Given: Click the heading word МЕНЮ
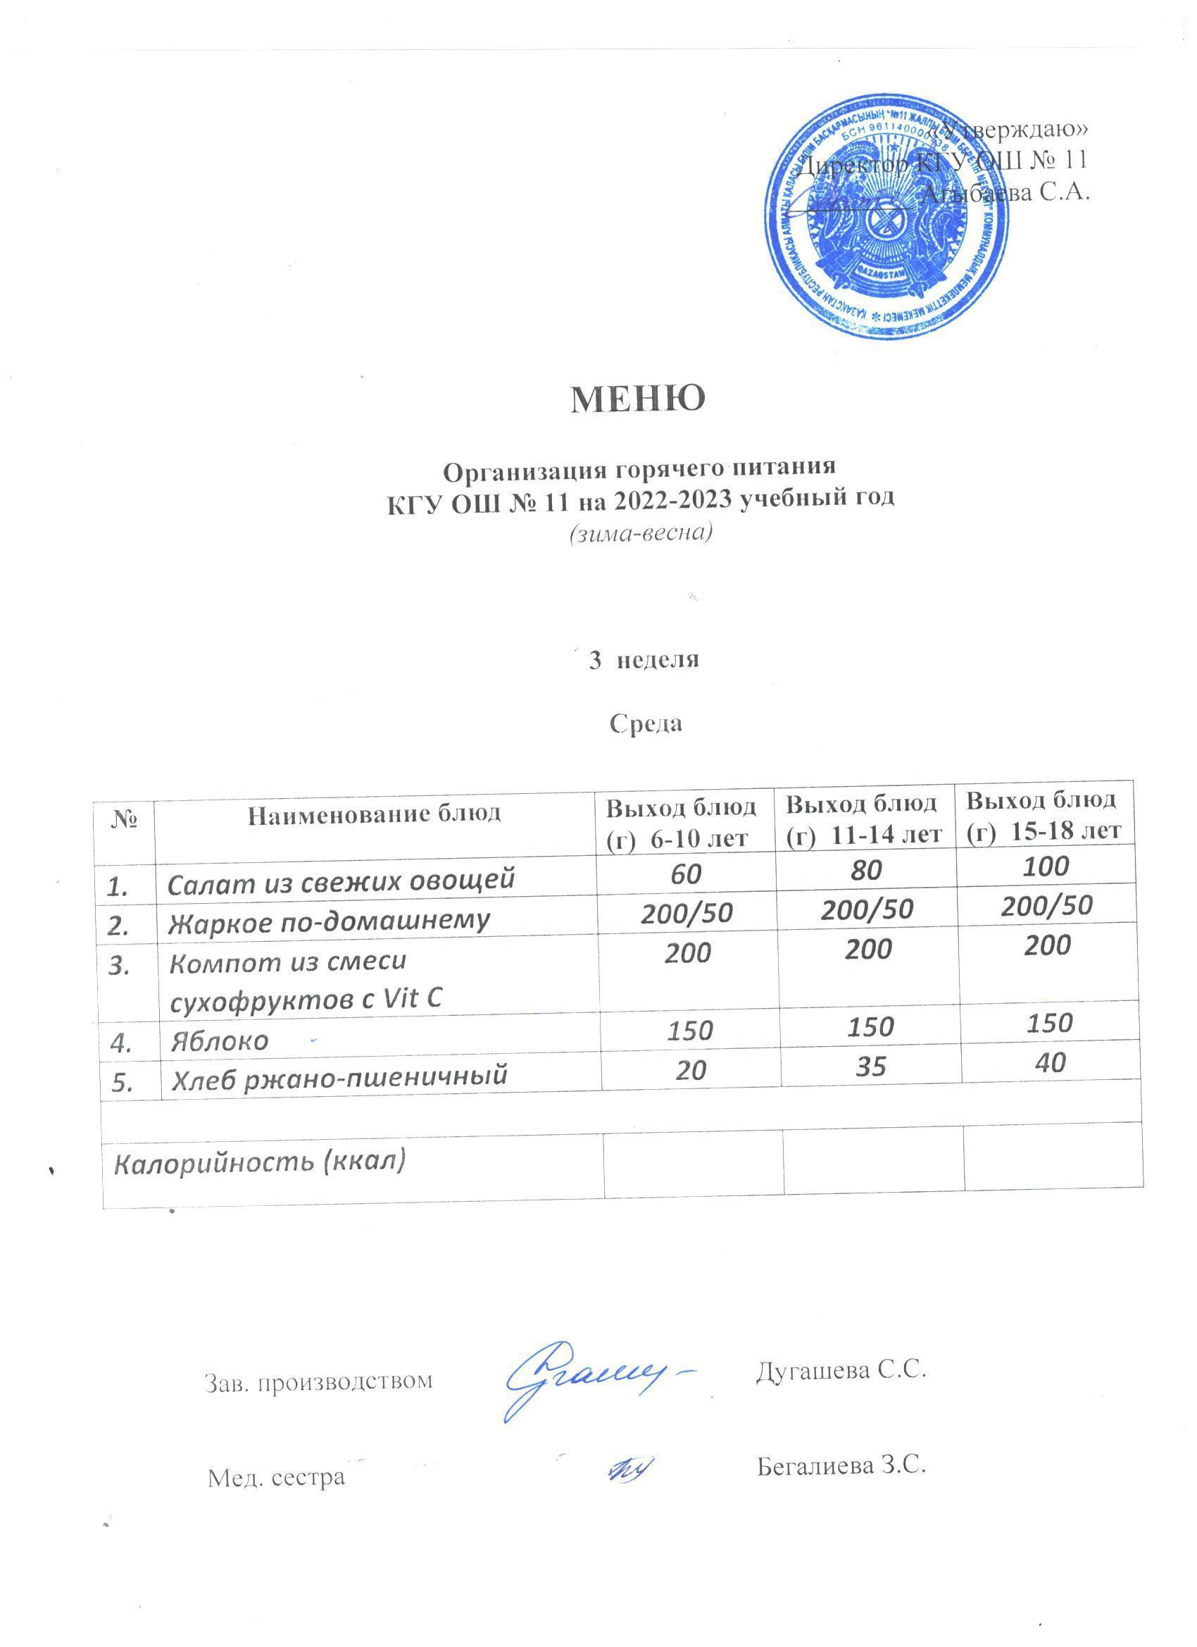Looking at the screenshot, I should [x=637, y=399].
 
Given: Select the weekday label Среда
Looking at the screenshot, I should [x=645, y=724].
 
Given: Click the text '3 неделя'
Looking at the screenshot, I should [x=643, y=660].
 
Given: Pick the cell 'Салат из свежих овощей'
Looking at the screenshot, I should [x=341, y=881].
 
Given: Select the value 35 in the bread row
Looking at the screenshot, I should [x=870, y=1066].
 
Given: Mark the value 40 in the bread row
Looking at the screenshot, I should [x=1050, y=1062].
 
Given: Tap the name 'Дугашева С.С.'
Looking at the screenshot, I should [x=841, y=1370].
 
